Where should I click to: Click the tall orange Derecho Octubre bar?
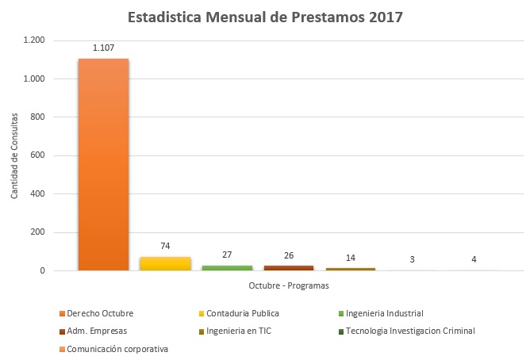point(103,165)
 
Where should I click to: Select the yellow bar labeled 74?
point(165,263)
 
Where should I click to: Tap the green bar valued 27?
point(227,268)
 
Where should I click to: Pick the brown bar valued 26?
point(289,268)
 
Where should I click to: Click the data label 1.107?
point(103,48)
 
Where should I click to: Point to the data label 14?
point(350,258)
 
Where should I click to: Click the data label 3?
point(412,260)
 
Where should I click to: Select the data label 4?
point(474,260)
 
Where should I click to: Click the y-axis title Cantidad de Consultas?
point(16,155)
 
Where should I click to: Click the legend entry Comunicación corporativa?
point(117,348)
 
